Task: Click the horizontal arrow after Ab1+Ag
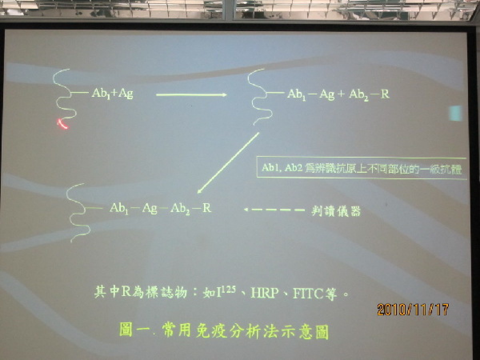(191, 95)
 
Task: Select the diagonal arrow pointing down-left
(228, 163)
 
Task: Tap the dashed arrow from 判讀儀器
(274, 210)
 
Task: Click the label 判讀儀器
(336, 211)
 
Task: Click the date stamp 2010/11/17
(413, 310)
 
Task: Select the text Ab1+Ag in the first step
(112, 94)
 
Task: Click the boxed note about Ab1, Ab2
(362, 168)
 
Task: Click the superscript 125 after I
(229, 290)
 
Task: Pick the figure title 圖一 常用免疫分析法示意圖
(224, 332)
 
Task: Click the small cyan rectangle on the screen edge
(455, 113)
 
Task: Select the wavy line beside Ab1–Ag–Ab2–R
(78, 213)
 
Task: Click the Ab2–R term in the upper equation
(369, 95)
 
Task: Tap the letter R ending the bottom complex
(207, 208)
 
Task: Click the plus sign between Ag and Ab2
(341, 94)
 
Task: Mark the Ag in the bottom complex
(150, 208)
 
